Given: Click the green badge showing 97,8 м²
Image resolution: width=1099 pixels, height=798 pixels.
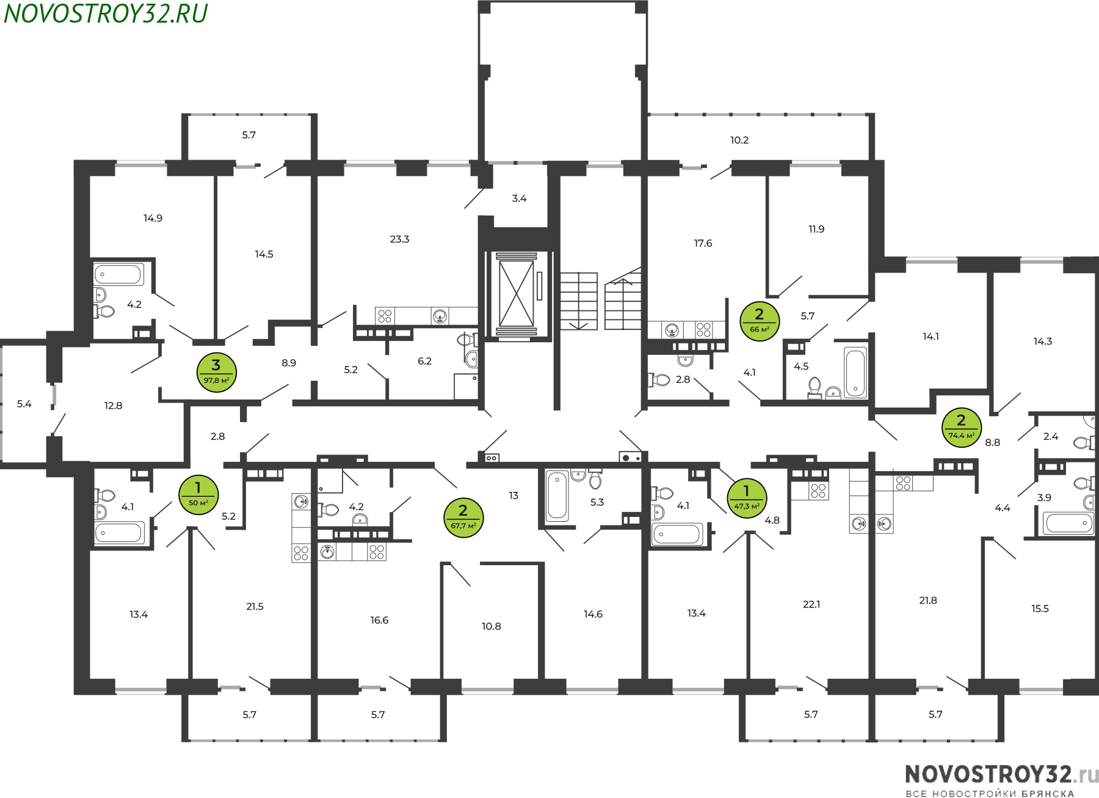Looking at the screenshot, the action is pyautogui.click(x=217, y=372).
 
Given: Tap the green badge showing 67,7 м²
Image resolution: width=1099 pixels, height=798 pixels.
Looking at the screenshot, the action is pyautogui.click(x=464, y=518).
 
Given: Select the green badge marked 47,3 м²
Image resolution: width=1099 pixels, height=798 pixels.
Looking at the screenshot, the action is pyautogui.click(x=747, y=498).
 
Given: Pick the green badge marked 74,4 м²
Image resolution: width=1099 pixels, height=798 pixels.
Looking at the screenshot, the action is pyautogui.click(x=962, y=428).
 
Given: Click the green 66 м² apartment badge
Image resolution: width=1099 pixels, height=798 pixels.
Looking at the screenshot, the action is pyautogui.click(x=760, y=321).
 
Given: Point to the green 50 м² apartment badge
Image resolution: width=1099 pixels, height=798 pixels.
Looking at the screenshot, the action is pyautogui.click(x=198, y=495).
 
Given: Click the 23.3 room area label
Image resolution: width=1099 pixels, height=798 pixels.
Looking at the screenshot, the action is pyautogui.click(x=400, y=239).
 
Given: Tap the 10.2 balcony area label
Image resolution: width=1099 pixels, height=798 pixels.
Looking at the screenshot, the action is pyautogui.click(x=739, y=140).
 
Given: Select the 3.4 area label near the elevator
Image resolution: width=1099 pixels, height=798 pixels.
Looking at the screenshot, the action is pyautogui.click(x=519, y=198).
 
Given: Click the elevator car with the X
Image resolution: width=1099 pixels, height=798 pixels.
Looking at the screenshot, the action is pyautogui.click(x=517, y=293).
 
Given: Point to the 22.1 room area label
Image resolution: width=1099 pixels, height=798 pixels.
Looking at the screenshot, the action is pyautogui.click(x=811, y=604).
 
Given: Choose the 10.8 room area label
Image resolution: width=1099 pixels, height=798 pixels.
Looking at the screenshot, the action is pyautogui.click(x=491, y=626).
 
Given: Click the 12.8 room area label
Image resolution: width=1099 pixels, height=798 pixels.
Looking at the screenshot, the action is pyautogui.click(x=113, y=406).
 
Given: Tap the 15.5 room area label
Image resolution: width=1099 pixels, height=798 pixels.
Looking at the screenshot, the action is pyautogui.click(x=1040, y=609).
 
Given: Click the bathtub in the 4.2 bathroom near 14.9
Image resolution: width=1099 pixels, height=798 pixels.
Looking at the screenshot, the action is pyautogui.click(x=118, y=274).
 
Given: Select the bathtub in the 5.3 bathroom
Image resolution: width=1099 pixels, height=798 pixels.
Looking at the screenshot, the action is pyautogui.click(x=557, y=496).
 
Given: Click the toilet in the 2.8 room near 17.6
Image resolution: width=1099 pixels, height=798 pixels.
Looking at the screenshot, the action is pyautogui.click(x=659, y=380).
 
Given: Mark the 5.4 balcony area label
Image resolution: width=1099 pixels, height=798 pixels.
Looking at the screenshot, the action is pyautogui.click(x=24, y=404).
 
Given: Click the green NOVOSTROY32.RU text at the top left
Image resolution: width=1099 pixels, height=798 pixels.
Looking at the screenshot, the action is pyautogui.click(x=106, y=13).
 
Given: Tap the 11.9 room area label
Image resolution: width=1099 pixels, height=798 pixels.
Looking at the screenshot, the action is pyautogui.click(x=816, y=229).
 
